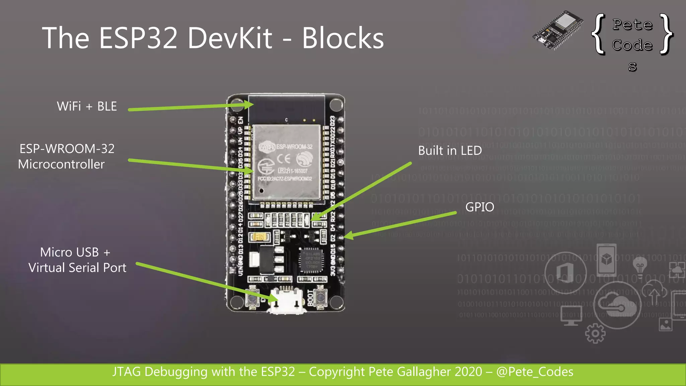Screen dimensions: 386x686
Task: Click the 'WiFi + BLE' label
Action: pyautogui.click(x=87, y=106)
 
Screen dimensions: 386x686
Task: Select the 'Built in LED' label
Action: pyautogui.click(x=450, y=150)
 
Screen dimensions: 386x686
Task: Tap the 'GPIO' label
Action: pyautogui.click(x=480, y=207)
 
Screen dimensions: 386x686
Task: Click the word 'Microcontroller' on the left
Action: pyautogui.click(x=61, y=164)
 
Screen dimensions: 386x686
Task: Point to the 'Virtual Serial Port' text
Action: pyautogui.click(x=77, y=268)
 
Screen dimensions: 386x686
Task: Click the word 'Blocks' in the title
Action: pyautogui.click(x=343, y=38)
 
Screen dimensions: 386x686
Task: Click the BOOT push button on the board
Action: pyautogui.click(x=321, y=296)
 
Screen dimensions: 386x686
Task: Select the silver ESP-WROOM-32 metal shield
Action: pyautogui.click(x=286, y=163)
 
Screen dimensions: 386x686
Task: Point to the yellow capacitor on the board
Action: pyautogui.click(x=260, y=237)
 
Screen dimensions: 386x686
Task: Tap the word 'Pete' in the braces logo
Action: pyautogui.click(x=632, y=24)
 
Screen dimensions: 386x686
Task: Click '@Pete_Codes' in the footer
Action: pyautogui.click(x=535, y=372)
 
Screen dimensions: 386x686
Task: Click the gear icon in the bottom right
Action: pyautogui.click(x=595, y=333)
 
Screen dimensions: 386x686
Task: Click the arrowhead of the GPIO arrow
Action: pyautogui.click(x=348, y=236)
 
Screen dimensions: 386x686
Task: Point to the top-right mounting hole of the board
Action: pyautogui.click(x=335, y=105)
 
